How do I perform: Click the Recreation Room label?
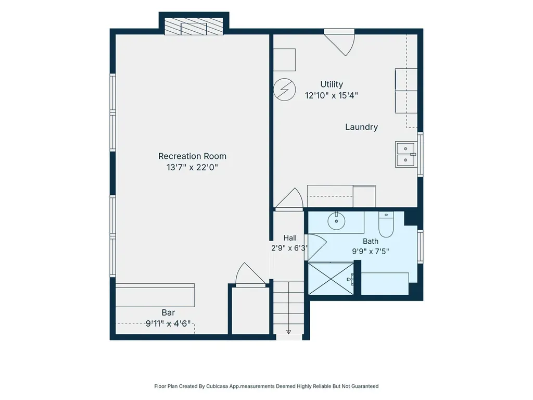(192, 156)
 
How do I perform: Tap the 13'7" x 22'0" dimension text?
(192, 167)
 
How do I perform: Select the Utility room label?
(332, 84)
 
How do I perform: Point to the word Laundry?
(361, 127)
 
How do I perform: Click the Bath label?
(371, 241)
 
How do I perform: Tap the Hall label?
(290, 238)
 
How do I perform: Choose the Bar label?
(168, 312)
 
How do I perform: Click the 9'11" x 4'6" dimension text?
(168, 323)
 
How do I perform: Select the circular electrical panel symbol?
(285, 90)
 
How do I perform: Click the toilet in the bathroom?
(386, 224)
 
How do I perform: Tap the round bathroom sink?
(337, 221)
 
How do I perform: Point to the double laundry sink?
(406, 154)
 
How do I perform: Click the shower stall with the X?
(331, 279)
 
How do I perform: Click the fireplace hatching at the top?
(194, 27)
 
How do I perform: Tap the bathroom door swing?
(315, 247)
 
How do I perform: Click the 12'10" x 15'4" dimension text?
(332, 96)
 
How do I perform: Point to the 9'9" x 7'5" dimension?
(371, 252)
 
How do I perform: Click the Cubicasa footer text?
(266, 386)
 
